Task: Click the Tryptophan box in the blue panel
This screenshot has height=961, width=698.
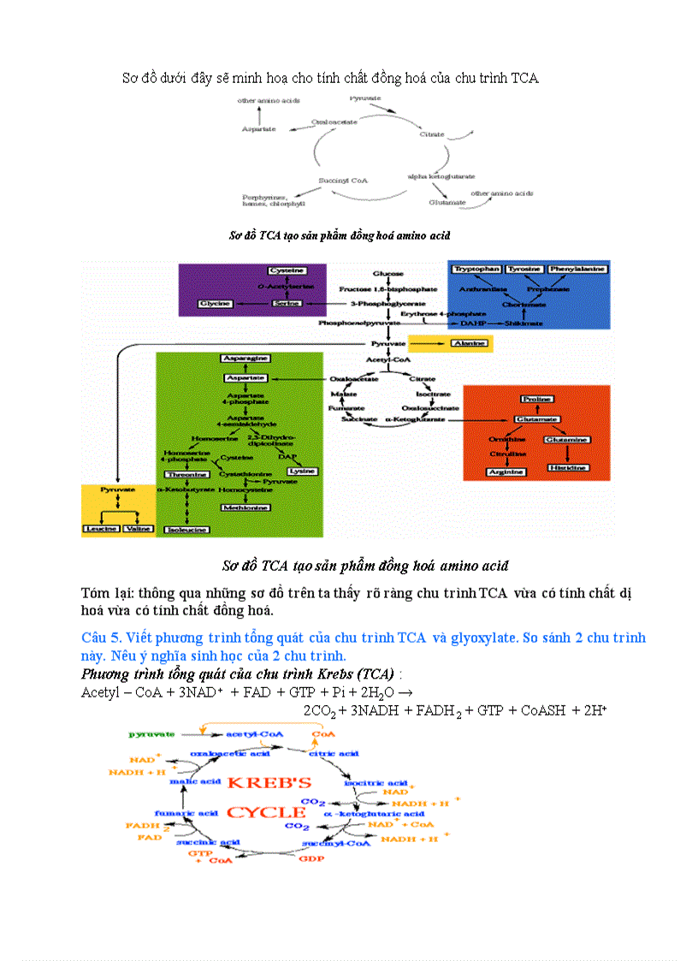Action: click(x=476, y=269)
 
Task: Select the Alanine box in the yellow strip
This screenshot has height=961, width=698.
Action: click(x=468, y=343)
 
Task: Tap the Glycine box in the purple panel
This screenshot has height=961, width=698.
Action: click(x=215, y=304)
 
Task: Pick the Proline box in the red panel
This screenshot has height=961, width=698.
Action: click(x=536, y=399)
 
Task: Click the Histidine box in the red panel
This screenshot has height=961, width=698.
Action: click(x=568, y=468)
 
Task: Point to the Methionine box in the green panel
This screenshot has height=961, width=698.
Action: click(x=246, y=507)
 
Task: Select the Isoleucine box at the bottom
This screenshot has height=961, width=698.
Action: click(x=186, y=530)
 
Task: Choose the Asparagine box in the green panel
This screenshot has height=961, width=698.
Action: click(x=246, y=357)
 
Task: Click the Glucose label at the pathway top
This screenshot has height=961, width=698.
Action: click(x=387, y=274)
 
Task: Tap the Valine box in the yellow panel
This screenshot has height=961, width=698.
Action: click(x=137, y=529)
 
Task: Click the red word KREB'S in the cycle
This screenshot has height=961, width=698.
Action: click(x=269, y=782)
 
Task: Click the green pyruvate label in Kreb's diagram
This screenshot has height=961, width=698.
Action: click(x=152, y=734)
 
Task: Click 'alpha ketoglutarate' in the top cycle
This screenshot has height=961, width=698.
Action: click(x=441, y=175)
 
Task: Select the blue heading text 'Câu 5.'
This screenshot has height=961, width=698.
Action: click(x=102, y=638)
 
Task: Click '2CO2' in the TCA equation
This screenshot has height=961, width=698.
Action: click(x=320, y=710)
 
